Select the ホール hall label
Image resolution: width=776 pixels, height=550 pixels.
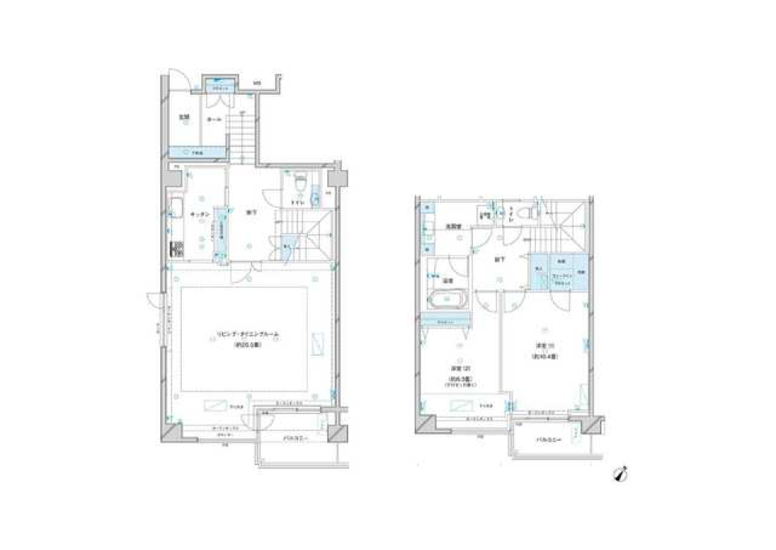coord(213,119)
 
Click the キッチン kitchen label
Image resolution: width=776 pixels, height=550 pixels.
coord(200,214)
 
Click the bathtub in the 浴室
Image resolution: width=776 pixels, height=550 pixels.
coord(445,300)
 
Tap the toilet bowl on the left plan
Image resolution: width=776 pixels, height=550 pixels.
coord(300,184)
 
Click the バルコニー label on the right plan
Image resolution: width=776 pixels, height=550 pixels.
coord(550,440)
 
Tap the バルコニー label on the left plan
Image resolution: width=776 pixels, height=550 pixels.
coord(294,439)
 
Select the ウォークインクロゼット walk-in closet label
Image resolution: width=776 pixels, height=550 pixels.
coord(563,274)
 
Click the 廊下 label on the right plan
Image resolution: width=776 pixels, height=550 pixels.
coord(500,260)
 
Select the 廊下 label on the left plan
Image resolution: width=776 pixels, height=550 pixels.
coord(251,213)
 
